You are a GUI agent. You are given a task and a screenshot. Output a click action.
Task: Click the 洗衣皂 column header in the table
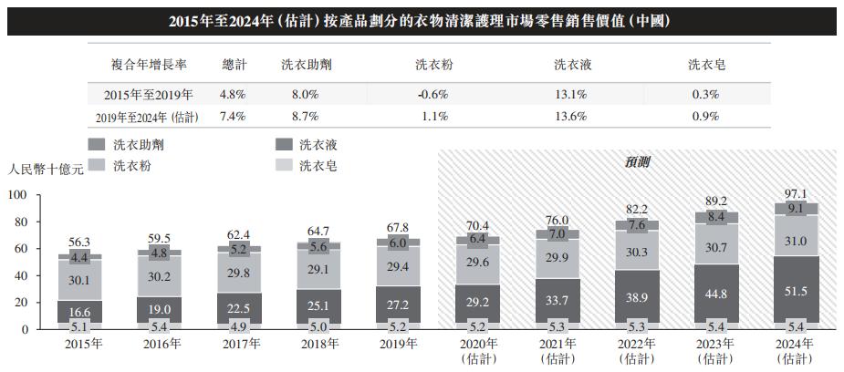(706, 66)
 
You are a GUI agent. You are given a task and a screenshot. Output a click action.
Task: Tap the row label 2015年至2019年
(149, 94)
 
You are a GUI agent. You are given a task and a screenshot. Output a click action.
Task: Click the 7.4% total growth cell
(234, 117)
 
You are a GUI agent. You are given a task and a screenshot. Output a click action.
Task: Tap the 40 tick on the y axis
(21, 275)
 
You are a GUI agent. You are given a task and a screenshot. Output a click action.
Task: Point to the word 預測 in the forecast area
(638, 162)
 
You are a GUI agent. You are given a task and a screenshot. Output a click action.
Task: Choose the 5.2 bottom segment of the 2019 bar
(399, 325)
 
